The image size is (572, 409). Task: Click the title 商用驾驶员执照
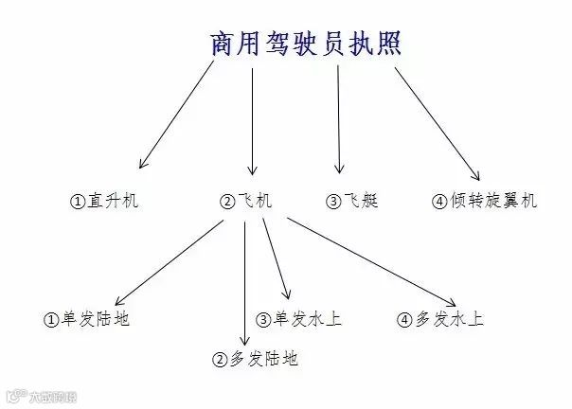(x=305, y=43)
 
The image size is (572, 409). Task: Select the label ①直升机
(x=105, y=201)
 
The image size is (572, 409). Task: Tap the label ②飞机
(x=245, y=201)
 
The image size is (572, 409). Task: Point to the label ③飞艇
(x=351, y=201)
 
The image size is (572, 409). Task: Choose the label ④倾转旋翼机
(x=484, y=201)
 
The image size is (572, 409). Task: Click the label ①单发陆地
(x=86, y=319)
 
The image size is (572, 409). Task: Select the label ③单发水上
(x=299, y=319)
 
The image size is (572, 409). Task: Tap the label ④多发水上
(x=440, y=319)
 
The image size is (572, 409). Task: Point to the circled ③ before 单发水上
(x=264, y=320)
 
